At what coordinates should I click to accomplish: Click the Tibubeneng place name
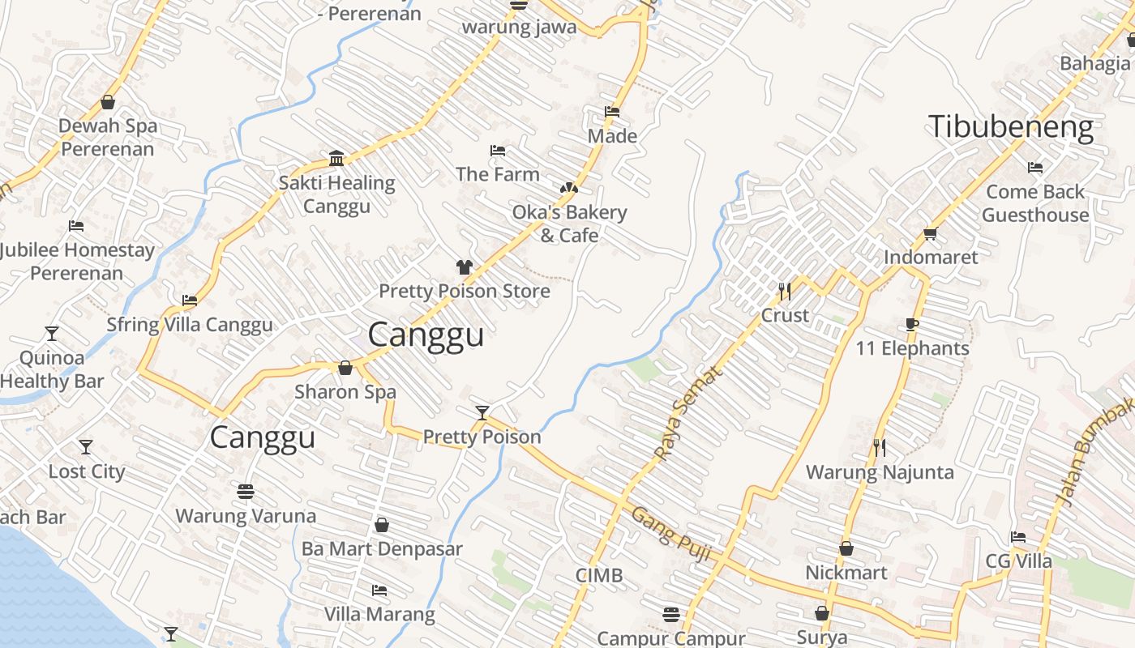(x=1010, y=128)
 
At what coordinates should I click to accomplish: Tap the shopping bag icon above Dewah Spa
(x=108, y=102)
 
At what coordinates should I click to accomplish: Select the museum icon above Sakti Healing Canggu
(x=336, y=157)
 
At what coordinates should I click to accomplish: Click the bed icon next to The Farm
(x=498, y=151)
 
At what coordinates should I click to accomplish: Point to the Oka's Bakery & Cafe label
(x=569, y=224)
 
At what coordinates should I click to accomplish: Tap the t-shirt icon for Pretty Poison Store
(x=464, y=266)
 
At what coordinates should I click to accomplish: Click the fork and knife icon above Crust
(x=785, y=291)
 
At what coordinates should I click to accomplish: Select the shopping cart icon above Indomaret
(x=930, y=233)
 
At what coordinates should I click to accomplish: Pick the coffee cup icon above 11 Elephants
(x=912, y=325)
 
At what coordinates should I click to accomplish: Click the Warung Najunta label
(x=880, y=472)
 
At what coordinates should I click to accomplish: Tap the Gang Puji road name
(x=671, y=535)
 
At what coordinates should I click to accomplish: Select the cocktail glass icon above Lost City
(x=86, y=447)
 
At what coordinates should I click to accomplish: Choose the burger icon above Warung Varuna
(x=246, y=491)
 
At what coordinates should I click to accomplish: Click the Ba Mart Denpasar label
(x=382, y=549)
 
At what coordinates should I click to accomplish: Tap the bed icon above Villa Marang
(x=379, y=590)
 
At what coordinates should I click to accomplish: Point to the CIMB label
(x=599, y=575)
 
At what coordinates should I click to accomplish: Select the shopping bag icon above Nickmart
(x=846, y=548)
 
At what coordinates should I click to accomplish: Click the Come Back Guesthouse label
(x=1035, y=203)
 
